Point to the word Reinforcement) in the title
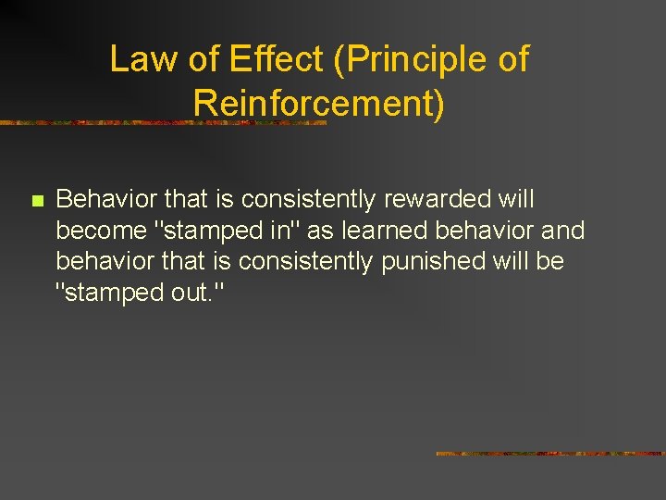[319, 104]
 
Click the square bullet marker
[36, 201]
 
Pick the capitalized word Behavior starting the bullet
[106, 199]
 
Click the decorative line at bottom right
[549, 454]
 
